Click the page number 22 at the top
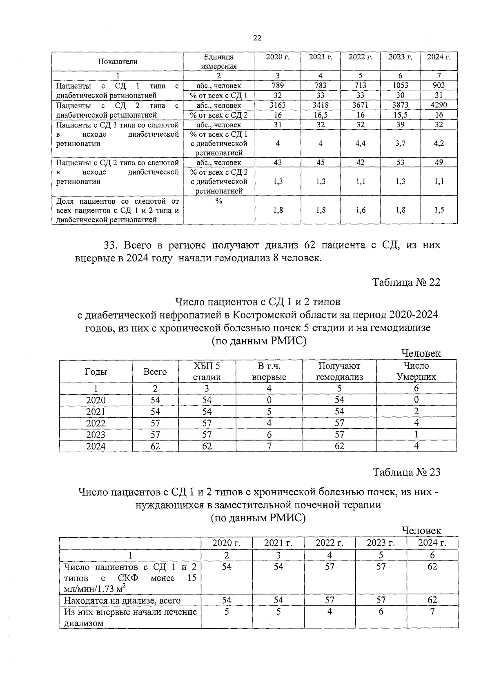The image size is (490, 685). pos(257,38)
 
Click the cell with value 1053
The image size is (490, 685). pos(400,85)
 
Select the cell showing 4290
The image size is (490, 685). pos(439,105)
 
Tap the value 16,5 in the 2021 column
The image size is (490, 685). pos(321,115)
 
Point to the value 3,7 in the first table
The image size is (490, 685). pos(400,143)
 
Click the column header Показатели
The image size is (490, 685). pos(118,62)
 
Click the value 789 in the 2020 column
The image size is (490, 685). pos(278,85)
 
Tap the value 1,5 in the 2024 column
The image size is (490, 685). pos(439,210)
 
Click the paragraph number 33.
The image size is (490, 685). pos(111,245)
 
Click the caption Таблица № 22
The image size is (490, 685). pos(406,282)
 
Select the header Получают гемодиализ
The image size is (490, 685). pos(339,371)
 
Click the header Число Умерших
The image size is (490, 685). pos(416,371)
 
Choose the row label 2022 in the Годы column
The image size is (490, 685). pos(96,423)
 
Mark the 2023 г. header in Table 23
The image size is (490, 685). pos(381,543)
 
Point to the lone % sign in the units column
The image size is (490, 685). pos(218,201)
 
